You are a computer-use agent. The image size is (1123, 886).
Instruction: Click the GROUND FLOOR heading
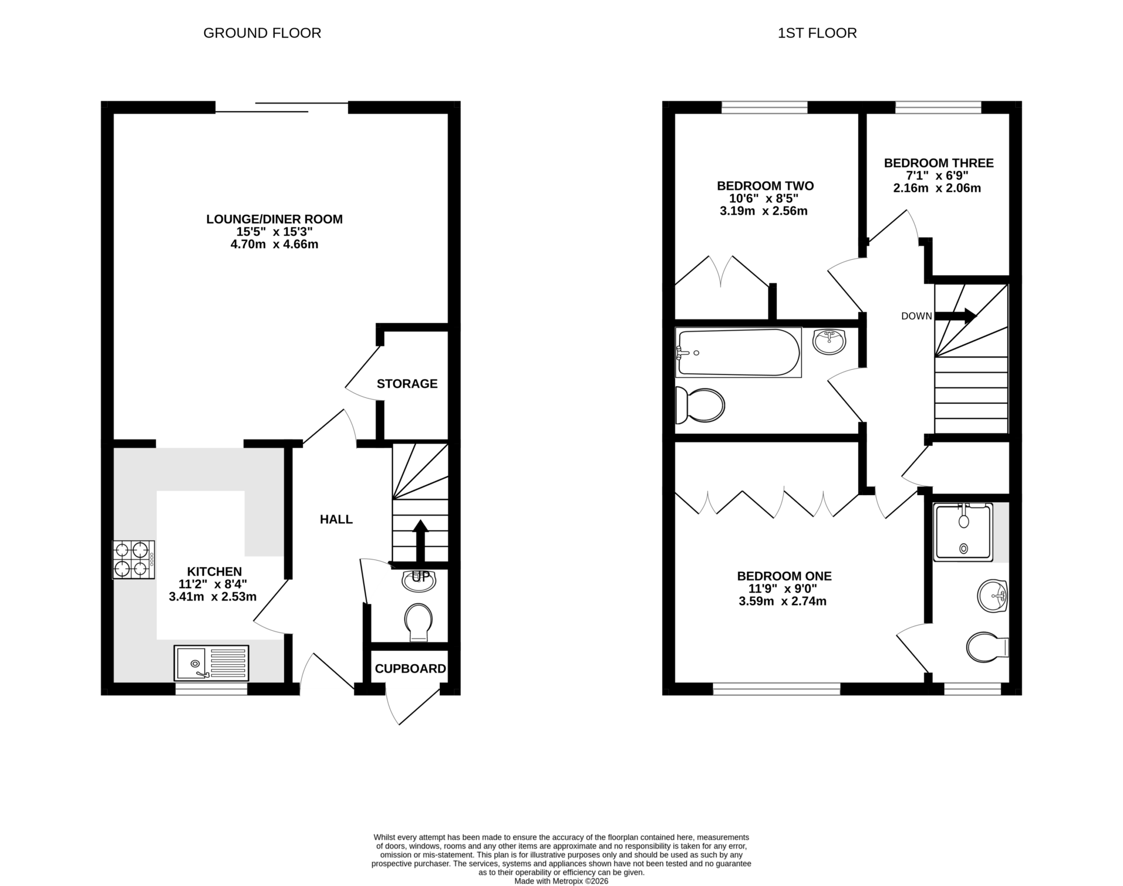(x=262, y=33)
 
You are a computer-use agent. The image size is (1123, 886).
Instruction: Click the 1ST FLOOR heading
(x=817, y=33)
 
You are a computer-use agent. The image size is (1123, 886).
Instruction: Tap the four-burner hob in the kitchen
(x=133, y=559)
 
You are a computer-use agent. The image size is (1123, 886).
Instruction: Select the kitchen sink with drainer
(x=211, y=662)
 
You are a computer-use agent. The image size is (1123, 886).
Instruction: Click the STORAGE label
(x=407, y=384)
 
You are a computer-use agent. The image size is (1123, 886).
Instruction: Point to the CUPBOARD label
(x=410, y=668)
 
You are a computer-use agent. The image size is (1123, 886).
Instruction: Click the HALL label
(x=336, y=519)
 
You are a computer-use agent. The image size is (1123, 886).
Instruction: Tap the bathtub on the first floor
(x=738, y=352)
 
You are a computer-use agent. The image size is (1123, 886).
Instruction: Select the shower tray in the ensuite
(x=963, y=531)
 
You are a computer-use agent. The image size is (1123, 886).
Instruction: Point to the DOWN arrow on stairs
(x=955, y=316)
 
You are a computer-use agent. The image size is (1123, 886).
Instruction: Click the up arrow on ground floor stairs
(x=420, y=540)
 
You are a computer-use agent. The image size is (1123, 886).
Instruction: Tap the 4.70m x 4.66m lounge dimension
(x=274, y=245)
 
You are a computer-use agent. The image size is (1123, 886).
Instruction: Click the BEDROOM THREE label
(x=938, y=163)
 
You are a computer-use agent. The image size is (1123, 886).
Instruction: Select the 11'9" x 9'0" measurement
(x=784, y=589)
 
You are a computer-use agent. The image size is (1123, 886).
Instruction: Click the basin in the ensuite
(x=992, y=596)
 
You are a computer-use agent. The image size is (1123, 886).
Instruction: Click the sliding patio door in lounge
(x=281, y=107)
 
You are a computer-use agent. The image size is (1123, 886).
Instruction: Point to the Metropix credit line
(x=561, y=881)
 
